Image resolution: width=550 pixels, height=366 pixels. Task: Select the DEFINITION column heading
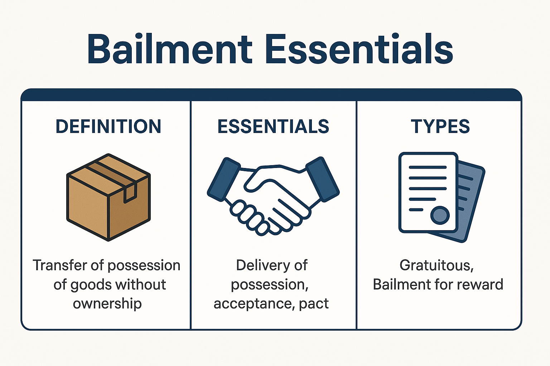[x=108, y=127]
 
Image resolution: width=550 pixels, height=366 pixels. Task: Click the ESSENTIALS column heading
[x=273, y=127]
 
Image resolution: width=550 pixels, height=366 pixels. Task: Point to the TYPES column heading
[x=440, y=127]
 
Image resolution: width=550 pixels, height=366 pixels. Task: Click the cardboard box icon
[x=108, y=197]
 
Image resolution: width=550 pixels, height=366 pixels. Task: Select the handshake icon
[x=273, y=196]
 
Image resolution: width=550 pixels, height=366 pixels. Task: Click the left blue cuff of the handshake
[x=224, y=179]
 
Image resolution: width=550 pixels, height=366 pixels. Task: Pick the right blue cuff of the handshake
[x=323, y=179]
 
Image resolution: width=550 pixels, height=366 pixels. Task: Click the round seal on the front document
[x=440, y=216]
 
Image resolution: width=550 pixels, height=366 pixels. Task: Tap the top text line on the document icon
[x=428, y=167]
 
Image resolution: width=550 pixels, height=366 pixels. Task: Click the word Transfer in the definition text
[x=60, y=265]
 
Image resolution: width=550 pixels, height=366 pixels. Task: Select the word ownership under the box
[x=107, y=303]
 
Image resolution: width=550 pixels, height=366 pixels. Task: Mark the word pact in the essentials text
[x=314, y=304]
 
